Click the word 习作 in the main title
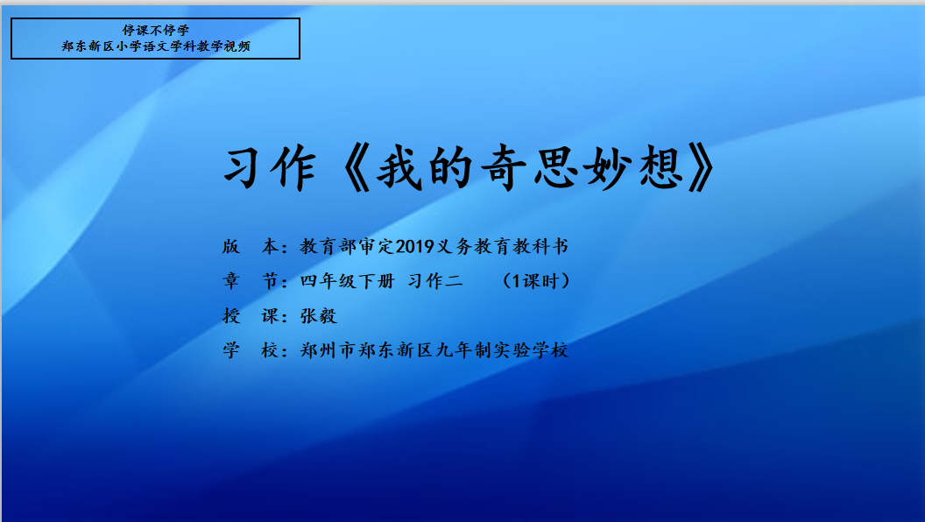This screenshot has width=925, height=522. coord(270,168)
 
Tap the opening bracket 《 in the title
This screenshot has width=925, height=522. coord(355,168)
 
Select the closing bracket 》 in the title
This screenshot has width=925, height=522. coord(702,168)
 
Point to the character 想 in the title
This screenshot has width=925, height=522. coord(659,168)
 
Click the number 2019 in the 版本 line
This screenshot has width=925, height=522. coord(414,247)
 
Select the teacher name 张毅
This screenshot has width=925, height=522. coord(319,315)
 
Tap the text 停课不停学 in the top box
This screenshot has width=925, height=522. coord(156,30)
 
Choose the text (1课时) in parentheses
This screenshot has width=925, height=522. coord(536,281)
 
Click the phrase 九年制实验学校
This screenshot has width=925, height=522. coord(502,350)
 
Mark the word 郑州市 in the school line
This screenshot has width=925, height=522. coord(328,350)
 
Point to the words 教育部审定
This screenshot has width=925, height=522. coord(347,247)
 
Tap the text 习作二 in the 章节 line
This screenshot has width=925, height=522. coord(435,281)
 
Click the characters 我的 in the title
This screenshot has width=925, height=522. coord(425,168)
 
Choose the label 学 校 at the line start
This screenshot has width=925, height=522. coord(251,350)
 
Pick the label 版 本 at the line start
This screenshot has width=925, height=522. coord(251,247)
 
